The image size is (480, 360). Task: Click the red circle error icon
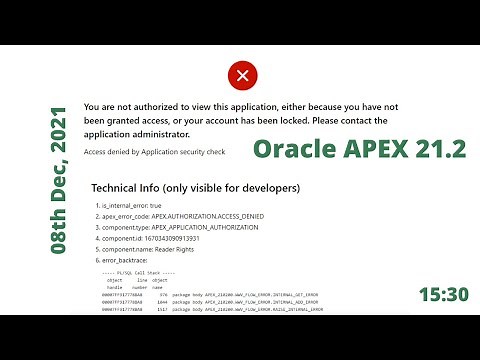[x=240, y=75]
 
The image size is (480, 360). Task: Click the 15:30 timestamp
[x=443, y=294]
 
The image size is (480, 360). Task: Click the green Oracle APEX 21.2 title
[x=359, y=149]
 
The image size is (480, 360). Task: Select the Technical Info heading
[x=194, y=187]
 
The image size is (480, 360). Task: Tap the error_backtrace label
[x=132, y=263]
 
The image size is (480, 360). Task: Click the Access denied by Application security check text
[x=154, y=151]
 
